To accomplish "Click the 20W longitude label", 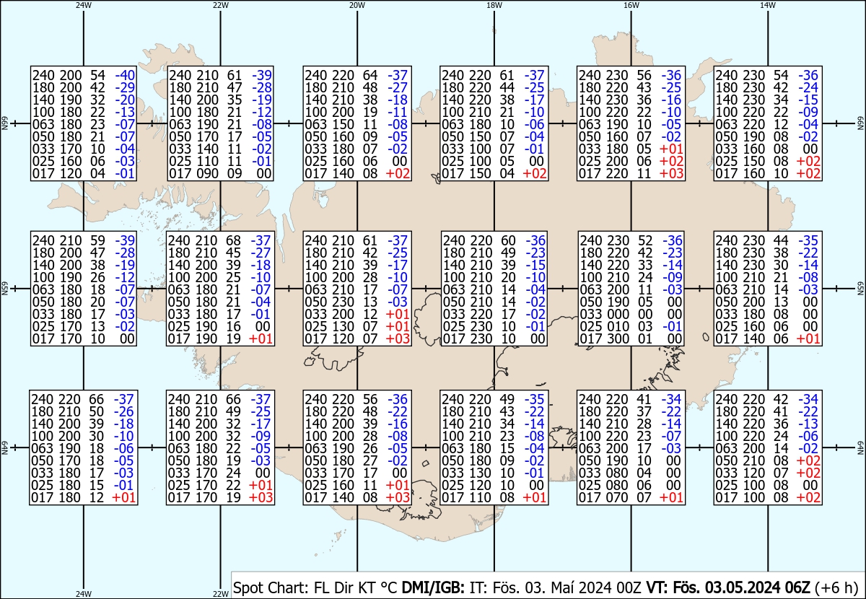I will click(x=357, y=5).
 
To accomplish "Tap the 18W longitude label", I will click(x=494, y=5).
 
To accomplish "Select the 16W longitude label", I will click(x=631, y=5).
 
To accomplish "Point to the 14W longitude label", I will click(x=768, y=5).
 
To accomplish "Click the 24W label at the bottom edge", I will click(x=84, y=594).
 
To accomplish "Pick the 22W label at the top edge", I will click(x=221, y=5).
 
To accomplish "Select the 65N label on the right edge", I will click(x=861, y=289).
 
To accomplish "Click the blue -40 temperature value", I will click(x=125, y=75).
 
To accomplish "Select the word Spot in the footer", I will click(x=249, y=585).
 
